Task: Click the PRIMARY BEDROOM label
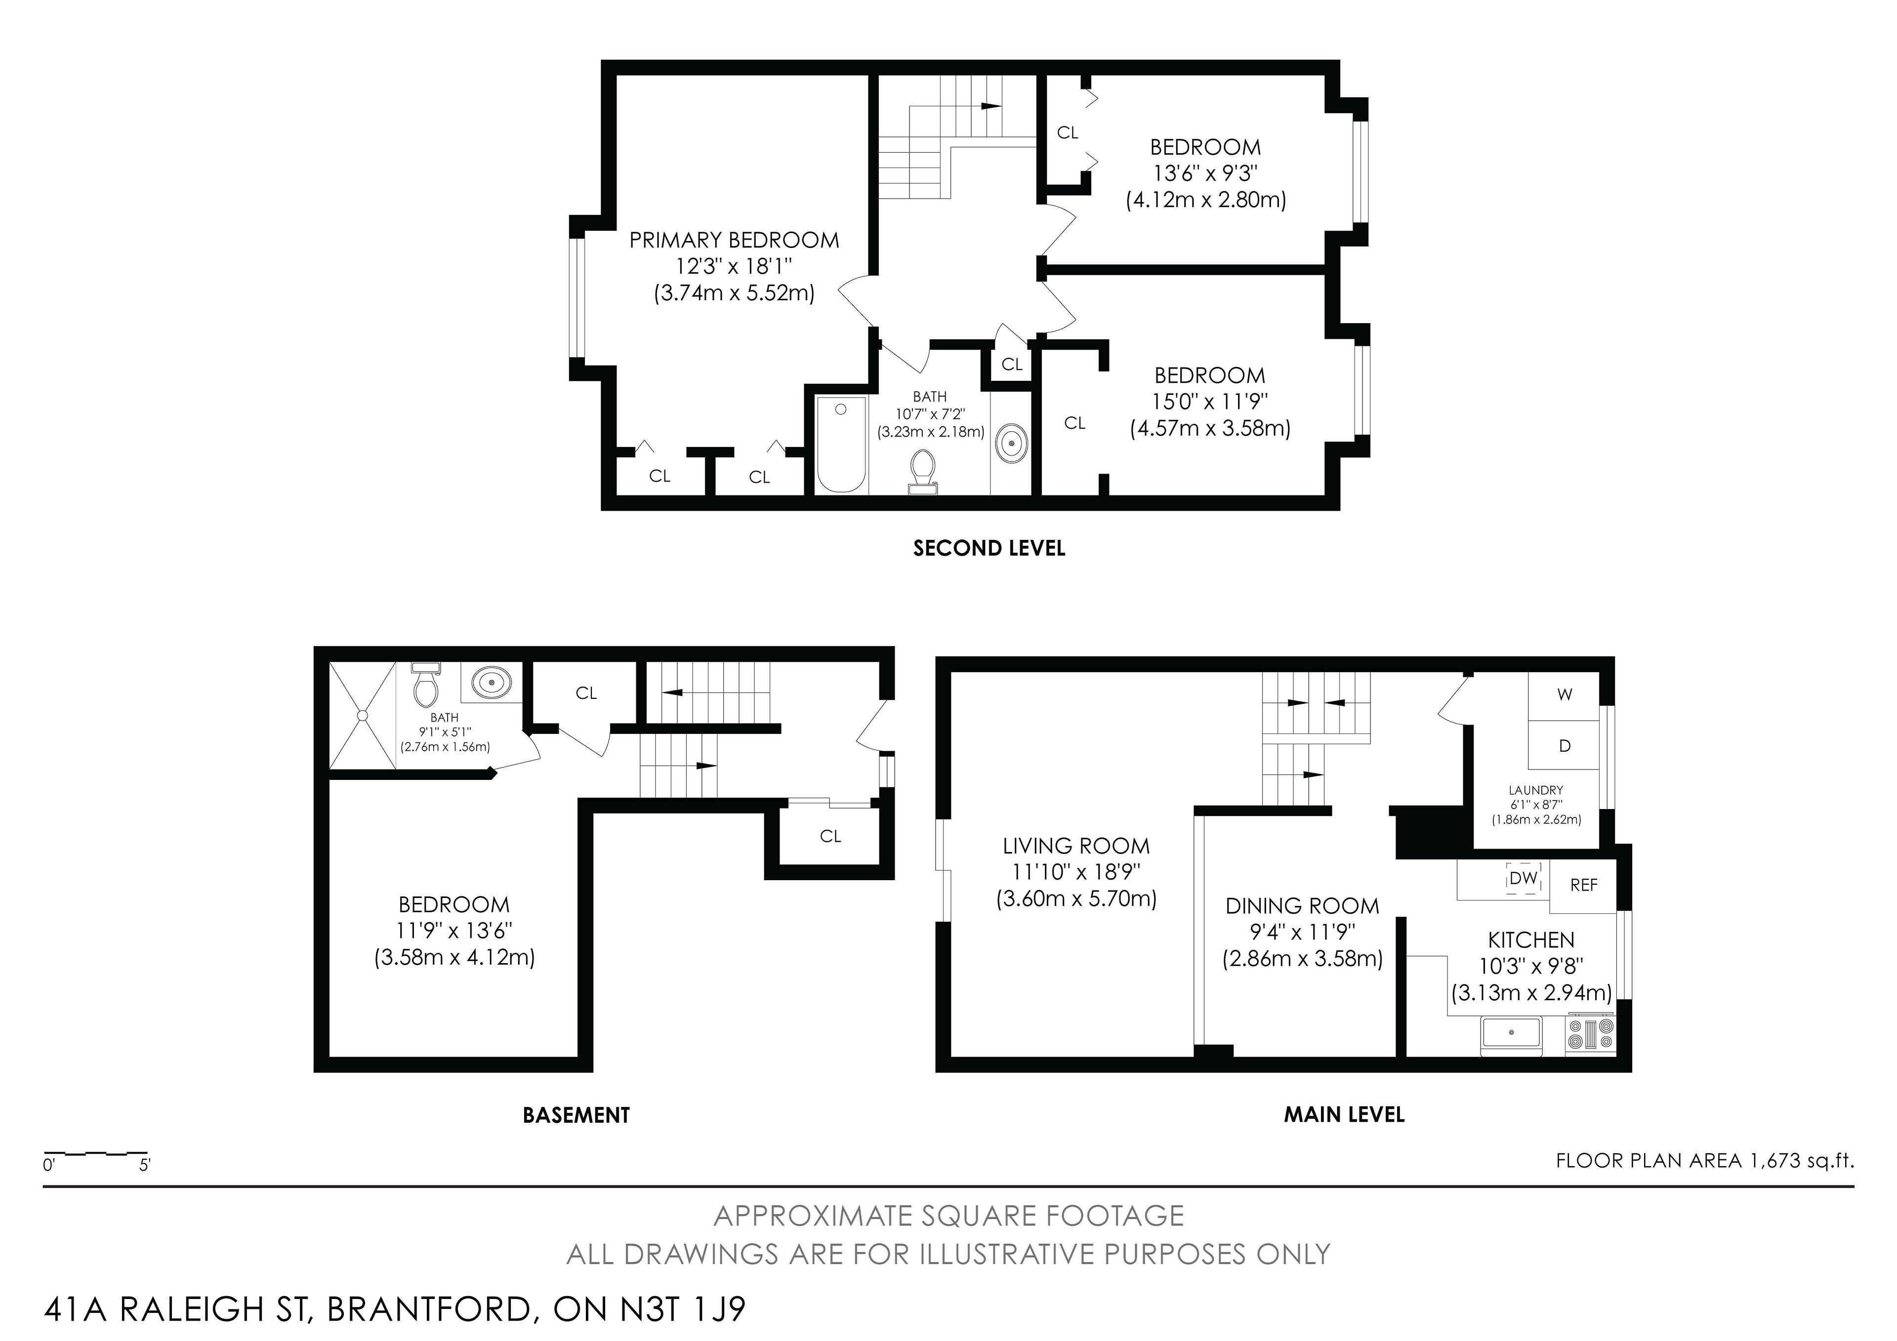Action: pos(734,241)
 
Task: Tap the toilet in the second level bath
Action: pos(923,471)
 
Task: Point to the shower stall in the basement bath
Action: pos(363,716)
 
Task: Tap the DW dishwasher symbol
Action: pos(1523,878)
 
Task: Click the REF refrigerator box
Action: pos(1583,886)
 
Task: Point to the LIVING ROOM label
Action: pos(1076,846)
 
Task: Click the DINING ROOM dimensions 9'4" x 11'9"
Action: pos(1302,932)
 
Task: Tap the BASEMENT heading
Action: pos(576,1115)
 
